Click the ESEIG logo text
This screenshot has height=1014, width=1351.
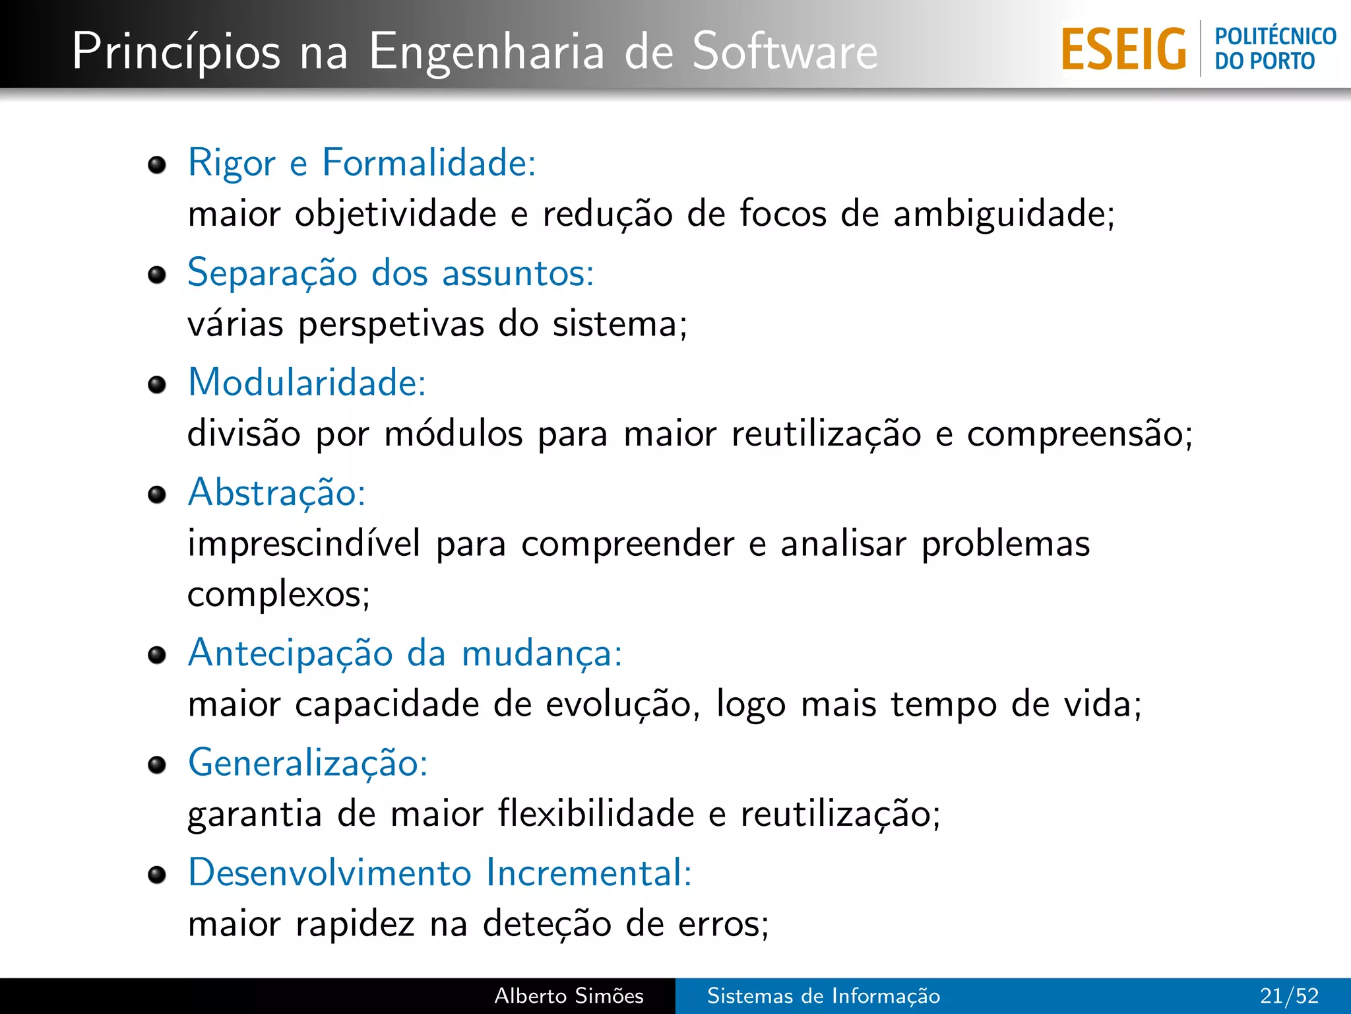(x=1123, y=49)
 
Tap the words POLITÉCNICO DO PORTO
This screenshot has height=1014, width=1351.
(x=1275, y=48)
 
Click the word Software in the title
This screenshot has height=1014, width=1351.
(x=785, y=51)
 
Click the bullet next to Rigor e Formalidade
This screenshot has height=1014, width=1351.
(x=157, y=164)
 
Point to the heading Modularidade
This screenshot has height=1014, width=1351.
(x=307, y=382)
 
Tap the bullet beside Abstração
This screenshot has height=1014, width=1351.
(x=157, y=494)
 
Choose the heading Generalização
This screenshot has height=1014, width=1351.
(x=308, y=762)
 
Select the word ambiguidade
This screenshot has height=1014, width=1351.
(x=1003, y=214)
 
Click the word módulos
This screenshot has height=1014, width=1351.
(x=453, y=434)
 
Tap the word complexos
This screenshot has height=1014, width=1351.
(x=278, y=595)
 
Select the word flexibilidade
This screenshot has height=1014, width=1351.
(x=596, y=813)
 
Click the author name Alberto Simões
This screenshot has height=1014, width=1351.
(x=569, y=996)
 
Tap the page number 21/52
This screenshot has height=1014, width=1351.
(x=1289, y=996)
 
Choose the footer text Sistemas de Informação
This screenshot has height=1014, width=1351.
(x=823, y=996)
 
